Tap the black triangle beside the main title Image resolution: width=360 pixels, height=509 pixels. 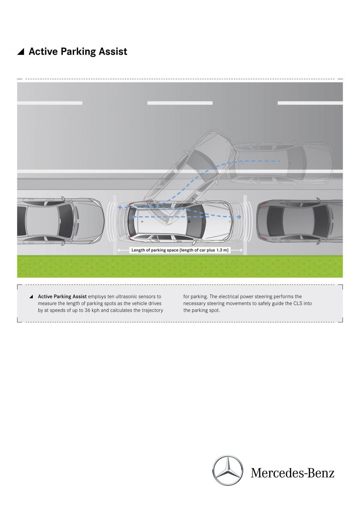pos(21,52)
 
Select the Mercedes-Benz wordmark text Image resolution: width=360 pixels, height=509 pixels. pos(292,473)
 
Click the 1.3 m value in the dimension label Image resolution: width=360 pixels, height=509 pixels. pos(222,250)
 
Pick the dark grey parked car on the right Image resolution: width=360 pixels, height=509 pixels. pos(300,221)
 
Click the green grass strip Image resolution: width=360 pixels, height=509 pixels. pos(180,267)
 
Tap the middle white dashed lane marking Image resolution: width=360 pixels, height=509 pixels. pos(180,103)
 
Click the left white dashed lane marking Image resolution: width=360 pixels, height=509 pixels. pos(50,103)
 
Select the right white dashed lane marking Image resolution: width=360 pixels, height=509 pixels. pos(310,103)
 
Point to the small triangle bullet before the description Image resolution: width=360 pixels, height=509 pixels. pos(31,297)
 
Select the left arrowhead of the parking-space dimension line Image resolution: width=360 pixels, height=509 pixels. pos(118,250)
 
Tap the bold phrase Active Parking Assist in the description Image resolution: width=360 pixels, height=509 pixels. pos(62,297)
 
